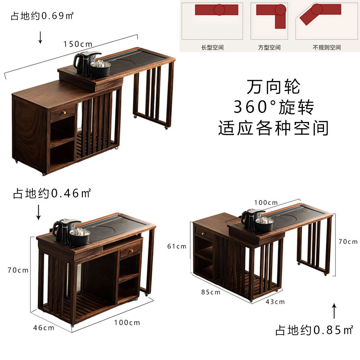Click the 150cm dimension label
[77, 44]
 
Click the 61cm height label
[177, 246]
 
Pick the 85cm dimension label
[211, 292]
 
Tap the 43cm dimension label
[276, 301]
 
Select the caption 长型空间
[212, 47]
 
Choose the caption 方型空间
[269, 47]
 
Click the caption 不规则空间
[327, 47]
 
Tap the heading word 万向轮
[273, 86]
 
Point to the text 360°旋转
[273, 107]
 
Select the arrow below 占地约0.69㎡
[40, 37]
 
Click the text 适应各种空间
[273, 128]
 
